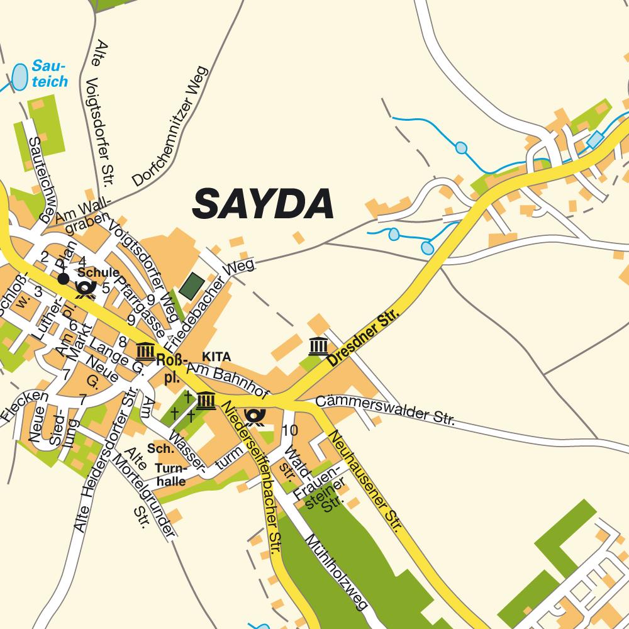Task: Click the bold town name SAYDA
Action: (263, 203)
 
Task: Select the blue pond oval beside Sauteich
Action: (21, 75)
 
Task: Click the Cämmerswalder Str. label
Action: (384, 409)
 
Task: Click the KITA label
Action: (216, 357)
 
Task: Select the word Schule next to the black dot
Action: (98, 272)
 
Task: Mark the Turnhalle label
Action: (170, 475)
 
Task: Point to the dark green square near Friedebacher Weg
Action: (191, 286)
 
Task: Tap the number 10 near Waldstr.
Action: (290, 430)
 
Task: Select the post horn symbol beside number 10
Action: (255, 416)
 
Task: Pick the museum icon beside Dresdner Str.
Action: (318, 345)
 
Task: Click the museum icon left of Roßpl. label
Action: (145, 350)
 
